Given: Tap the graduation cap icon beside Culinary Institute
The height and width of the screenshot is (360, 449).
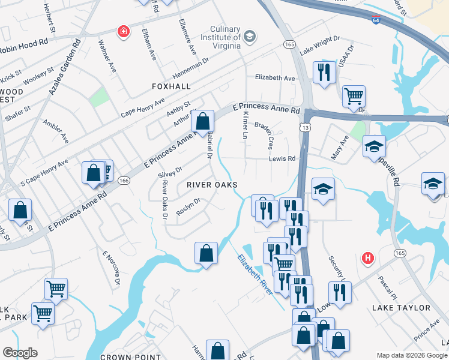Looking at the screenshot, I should point(250,37).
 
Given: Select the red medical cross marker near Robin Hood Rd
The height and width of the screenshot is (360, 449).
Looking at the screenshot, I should point(124,31).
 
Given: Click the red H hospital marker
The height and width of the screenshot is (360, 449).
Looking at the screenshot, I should point(368,258).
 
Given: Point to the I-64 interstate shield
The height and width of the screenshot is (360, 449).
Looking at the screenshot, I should point(375,20).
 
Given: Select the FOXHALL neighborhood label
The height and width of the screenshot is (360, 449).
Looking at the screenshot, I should point(171,86).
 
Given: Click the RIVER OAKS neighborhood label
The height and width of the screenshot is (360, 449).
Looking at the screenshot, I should point(211,185).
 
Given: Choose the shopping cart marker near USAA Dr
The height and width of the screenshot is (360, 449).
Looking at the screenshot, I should point(354,95).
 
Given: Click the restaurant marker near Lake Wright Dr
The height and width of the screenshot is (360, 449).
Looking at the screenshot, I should point(324,72).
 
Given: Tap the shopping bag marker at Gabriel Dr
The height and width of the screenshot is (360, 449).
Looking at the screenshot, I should point(203,121).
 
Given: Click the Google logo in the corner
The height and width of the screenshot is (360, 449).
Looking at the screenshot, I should point(20,353).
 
